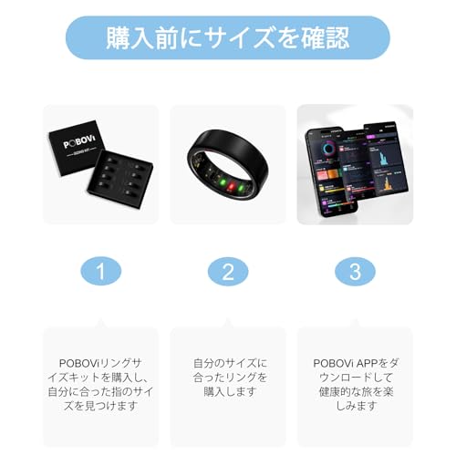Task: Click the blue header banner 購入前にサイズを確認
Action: [228, 38]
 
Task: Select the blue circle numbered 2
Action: [228, 273]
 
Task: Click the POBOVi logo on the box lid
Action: [78, 150]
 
